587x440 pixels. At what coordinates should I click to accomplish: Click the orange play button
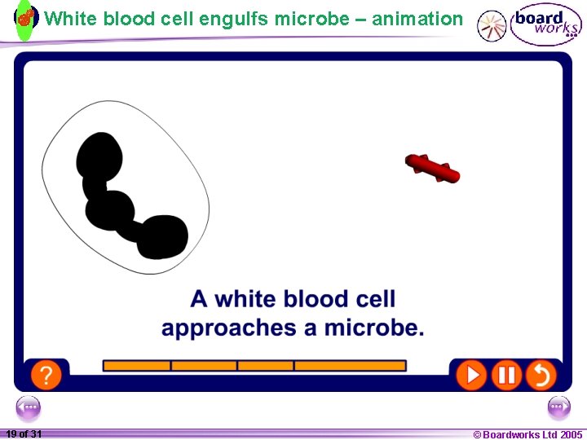point(470,375)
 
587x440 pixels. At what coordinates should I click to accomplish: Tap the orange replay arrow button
point(541,375)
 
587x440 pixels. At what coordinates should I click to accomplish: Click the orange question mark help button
point(46,375)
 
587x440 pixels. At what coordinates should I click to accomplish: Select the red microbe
point(432,168)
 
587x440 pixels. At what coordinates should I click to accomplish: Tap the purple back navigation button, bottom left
point(28,407)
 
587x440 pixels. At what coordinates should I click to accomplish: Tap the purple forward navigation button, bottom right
point(558,407)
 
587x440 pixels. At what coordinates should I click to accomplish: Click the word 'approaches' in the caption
point(228,328)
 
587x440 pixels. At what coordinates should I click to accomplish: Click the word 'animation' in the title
point(417,19)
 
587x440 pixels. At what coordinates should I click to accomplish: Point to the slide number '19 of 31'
point(24,434)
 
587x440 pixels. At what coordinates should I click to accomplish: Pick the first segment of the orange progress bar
point(136,366)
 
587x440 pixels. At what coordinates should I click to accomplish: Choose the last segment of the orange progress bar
point(350,366)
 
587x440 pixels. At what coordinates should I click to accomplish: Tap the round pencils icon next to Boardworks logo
point(492,26)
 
